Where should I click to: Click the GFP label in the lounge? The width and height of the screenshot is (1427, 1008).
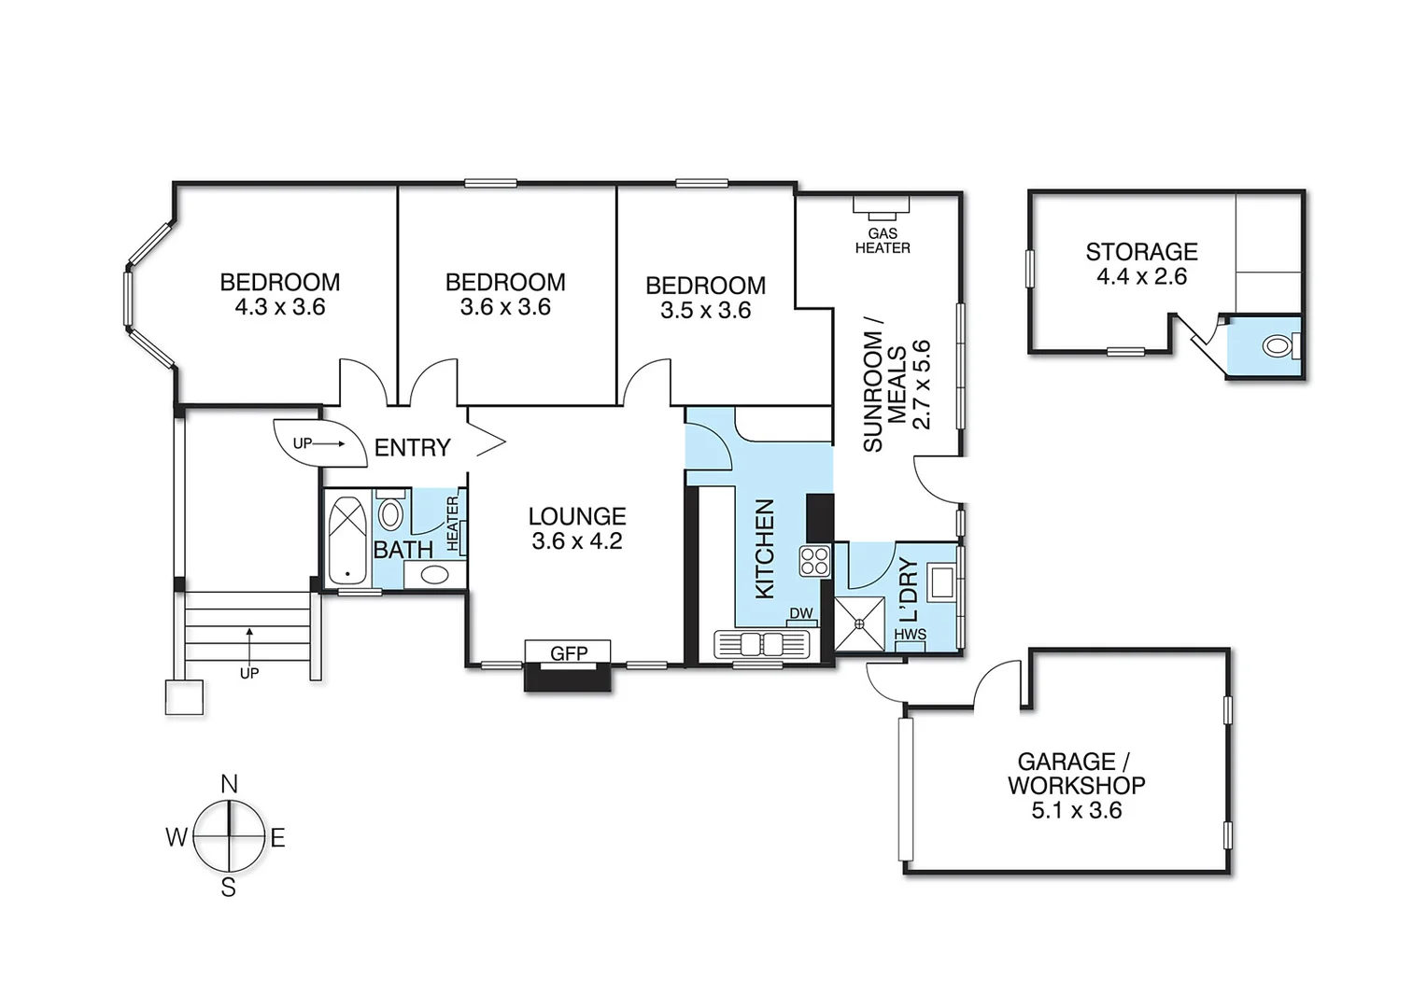[x=568, y=653]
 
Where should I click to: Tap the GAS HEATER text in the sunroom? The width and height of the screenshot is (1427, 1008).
[x=882, y=241]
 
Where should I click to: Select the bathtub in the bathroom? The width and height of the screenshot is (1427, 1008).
[x=347, y=539]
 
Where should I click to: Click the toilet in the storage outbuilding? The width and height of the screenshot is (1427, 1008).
[x=1277, y=346]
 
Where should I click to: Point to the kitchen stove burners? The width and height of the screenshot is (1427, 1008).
[x=814, y=561]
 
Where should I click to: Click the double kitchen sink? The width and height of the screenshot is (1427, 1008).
[x=762, y=644]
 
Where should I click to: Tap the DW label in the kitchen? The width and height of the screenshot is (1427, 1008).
[x=801, y=613]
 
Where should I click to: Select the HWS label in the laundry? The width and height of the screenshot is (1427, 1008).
[x=910, y=634]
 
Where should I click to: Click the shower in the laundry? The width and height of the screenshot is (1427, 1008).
[x=858, y=623]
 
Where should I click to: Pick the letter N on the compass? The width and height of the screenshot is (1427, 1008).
[x=229, y=784]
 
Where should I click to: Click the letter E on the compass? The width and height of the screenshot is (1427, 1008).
[x=277, y=838]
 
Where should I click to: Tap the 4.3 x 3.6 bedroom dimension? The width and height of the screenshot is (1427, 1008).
[x=280, y=307]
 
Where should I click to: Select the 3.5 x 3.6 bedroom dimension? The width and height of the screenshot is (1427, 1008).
[x=705, y=310]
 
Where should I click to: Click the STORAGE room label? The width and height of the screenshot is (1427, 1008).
[x=1141, y=251]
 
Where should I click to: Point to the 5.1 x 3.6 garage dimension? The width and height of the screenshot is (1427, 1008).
[x=1076, y=810]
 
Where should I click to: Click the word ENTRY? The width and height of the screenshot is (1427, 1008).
[x=412, y=448]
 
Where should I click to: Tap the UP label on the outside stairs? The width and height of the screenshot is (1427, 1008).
[x=248, y=673]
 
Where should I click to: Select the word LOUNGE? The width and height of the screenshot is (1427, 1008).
[x=576, y=516]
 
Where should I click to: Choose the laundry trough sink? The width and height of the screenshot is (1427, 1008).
[x=940, y=581]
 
